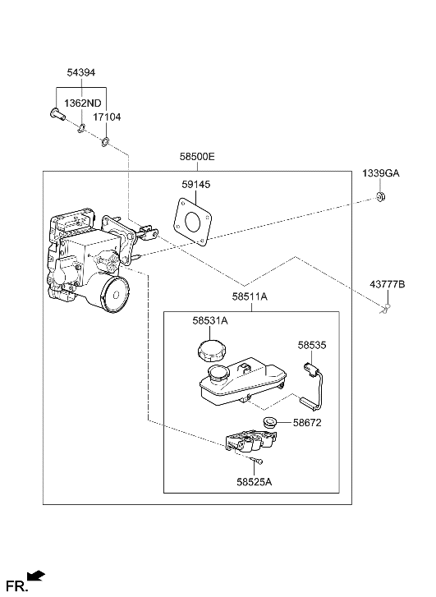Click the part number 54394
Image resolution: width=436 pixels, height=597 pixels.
81,73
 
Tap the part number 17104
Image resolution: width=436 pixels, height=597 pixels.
108,117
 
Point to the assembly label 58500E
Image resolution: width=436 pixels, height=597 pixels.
198,155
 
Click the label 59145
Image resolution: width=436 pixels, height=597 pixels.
196,185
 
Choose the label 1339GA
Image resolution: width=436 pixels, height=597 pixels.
381,173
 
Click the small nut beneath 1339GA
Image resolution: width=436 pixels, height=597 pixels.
381,195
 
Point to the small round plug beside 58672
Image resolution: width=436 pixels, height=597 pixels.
270,423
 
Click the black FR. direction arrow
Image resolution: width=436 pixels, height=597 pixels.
36,576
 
